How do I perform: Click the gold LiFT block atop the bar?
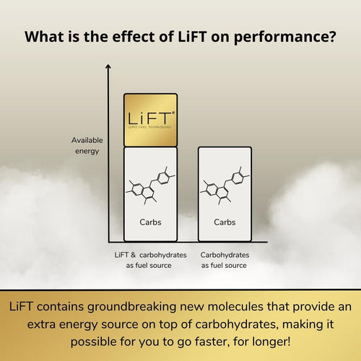tap(151, 120)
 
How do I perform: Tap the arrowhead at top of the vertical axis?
tap(108, 66)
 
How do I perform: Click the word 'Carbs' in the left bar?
tap(150, 222)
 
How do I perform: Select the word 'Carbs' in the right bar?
tap(225, 222)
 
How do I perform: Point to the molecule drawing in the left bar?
tap(150, 186)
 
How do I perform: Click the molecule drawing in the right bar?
tap(225, 186)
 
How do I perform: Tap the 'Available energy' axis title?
tap(87, 146)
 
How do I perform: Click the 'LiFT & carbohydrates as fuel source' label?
tap(150, 260)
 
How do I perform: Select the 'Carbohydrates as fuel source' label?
tap(225, 260)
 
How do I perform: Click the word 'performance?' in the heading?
tap(285, 37)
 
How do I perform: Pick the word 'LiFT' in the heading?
tap(192, 36)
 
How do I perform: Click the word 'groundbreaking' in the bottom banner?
tap(132, 308)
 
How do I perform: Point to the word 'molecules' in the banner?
tap(233, 307)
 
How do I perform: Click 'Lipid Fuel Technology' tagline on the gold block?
tap(149, 127)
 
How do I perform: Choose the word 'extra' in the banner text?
tap(41, 325)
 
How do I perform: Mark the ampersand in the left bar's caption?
tap(134, 255)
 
